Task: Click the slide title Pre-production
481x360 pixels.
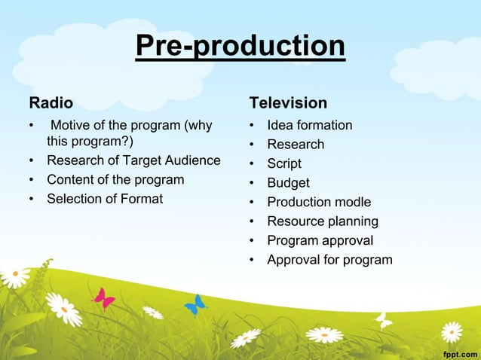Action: pos(240,46)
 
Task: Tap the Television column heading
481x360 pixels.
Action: pos(288,102)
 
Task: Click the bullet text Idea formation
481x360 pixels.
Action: pos(309,125)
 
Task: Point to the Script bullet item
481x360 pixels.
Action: pos(284,163)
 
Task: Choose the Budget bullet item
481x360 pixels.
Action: pos(288,183)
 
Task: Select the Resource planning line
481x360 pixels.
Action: pos(322,221)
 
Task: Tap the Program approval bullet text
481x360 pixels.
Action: pos(320,241)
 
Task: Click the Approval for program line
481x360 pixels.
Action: pos(329,260)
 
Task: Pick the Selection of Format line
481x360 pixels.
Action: pos(105,199)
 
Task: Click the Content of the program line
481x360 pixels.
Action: pos(115,179)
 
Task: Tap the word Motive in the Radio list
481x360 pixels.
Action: pos(72,125)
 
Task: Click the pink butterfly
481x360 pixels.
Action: pos(103,299)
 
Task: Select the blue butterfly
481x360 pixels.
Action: pos(195,305)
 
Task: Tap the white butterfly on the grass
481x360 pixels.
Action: pos(384,320)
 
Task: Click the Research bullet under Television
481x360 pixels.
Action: pos(296,145)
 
